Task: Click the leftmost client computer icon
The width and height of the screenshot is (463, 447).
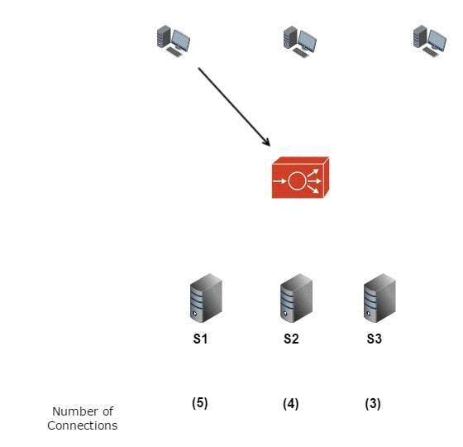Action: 174,41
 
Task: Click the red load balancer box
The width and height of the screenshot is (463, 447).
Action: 299,177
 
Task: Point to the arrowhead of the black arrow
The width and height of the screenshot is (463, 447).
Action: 268,144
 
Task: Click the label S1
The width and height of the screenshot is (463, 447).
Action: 201,339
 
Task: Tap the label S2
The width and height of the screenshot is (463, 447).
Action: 291,339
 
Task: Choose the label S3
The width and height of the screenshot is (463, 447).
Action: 374,339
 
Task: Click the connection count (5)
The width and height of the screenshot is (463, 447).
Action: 200,403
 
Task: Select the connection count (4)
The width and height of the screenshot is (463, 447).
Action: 290,404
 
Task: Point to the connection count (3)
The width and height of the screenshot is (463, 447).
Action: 373,404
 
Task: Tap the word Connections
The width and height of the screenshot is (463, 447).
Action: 83,425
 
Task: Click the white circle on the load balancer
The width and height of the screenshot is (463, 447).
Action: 296,180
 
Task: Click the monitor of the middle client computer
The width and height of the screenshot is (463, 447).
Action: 308,38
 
